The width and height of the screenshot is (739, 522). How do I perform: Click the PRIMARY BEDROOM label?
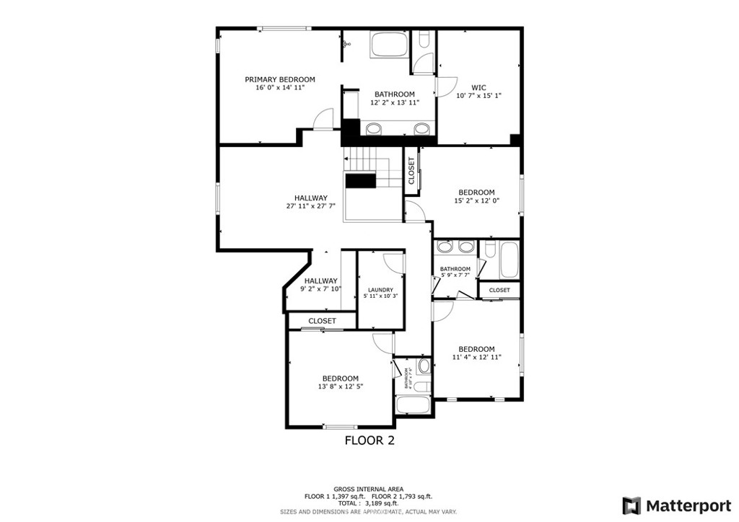pyautogui.click(x=280, y=79)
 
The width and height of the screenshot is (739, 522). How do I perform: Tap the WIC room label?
pyautogui.click(x=478, y=87)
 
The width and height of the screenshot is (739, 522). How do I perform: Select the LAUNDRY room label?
pyautogui.click(x=380, y=290)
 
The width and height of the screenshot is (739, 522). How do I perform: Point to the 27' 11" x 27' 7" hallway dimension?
pyautogui.click(x=311, y=206)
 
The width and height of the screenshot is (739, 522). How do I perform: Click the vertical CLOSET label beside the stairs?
pyautogui.click(x=411, y=171)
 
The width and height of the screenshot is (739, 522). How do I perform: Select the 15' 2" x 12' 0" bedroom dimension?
pyautogui.click(x=476, y=200)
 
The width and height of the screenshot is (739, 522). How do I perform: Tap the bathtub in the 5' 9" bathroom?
pyautogui.click(x=508, y=260)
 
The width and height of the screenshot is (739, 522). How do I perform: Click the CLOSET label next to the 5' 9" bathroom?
pyautogui.click(x=499, y=290)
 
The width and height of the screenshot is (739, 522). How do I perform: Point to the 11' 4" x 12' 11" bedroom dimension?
pyautogui.click(x=476, y=357)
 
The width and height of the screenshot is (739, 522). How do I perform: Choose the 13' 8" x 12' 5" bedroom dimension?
pyautogui.click(x=340, y=386)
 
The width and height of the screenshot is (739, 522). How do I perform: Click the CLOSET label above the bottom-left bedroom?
pyautogui.click(x=322, y=321)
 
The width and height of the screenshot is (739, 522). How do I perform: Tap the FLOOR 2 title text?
pyautogui.click(x=369, y=440)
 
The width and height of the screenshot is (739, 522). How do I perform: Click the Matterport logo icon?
pyautogui.click(x=631, y=505)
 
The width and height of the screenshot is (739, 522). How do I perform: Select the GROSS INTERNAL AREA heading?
pyautogui.click(x=368, y=488)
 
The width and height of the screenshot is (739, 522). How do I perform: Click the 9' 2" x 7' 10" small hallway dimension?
pyautogui.click(x=320, y=289)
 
